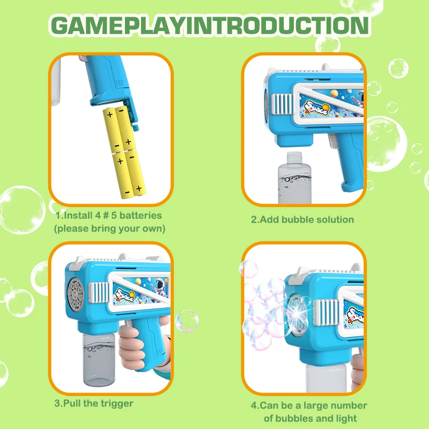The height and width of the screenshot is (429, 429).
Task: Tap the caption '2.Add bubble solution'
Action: click(x=302, y=219)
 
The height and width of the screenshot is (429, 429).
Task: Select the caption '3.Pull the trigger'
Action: click(x=94, y=403)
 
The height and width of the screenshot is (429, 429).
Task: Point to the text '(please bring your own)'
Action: click(x=109, y=228)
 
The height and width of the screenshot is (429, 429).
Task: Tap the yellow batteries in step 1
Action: click(x=123, y=150)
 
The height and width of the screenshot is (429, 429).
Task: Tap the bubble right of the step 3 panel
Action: click(x=186, y=321)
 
